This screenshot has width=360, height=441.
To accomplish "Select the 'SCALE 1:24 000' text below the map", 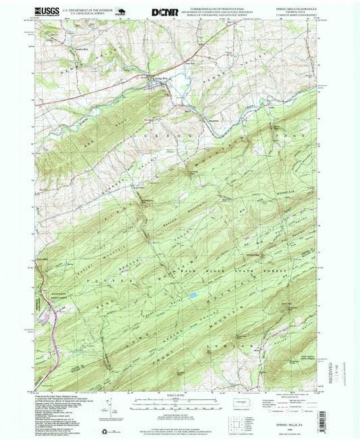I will pyautogui.click(x=179, y=394).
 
